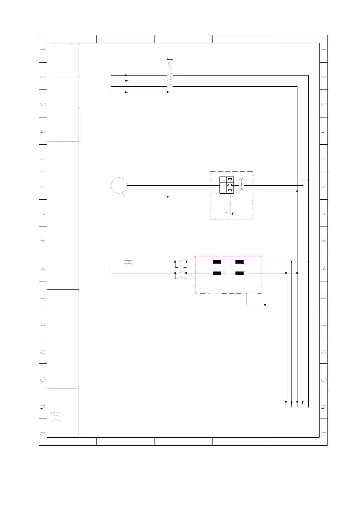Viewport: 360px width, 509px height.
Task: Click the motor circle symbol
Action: (x=119, y=185)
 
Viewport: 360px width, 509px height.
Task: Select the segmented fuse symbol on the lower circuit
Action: (x=128, y=262)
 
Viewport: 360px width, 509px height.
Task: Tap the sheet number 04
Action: (x=56, y=417)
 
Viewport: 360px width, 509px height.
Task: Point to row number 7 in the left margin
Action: (x=43, y=214)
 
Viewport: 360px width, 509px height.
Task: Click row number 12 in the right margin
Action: (x=324, y=352)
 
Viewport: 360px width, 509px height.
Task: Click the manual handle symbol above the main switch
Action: (x=170, y=61)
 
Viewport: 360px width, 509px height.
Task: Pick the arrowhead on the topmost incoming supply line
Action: (x=127, y=75)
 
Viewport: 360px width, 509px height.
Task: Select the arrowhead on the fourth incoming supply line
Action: (x=127, y=92)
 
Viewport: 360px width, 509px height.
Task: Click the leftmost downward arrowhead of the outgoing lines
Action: (x=286, y=404)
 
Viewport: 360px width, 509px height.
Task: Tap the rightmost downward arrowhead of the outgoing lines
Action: (x=308, y=404)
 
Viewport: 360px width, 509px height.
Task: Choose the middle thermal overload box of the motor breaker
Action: (x=230, y=185)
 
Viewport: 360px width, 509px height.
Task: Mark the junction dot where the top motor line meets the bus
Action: (x=308, y=180)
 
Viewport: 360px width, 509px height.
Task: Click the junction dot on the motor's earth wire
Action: (x=168, y=196)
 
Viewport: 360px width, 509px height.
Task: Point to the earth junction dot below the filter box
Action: (x=265, y=304)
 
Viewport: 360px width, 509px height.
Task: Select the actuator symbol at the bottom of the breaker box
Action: (x=230, y=213)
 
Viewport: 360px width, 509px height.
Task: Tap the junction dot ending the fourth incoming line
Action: (x=168, y=92)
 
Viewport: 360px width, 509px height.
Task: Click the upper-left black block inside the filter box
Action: (x=217, y=262)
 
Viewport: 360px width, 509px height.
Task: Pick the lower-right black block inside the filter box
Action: (x=239, y=273)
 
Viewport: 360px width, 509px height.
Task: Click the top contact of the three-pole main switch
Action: (x=170, y=75)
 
